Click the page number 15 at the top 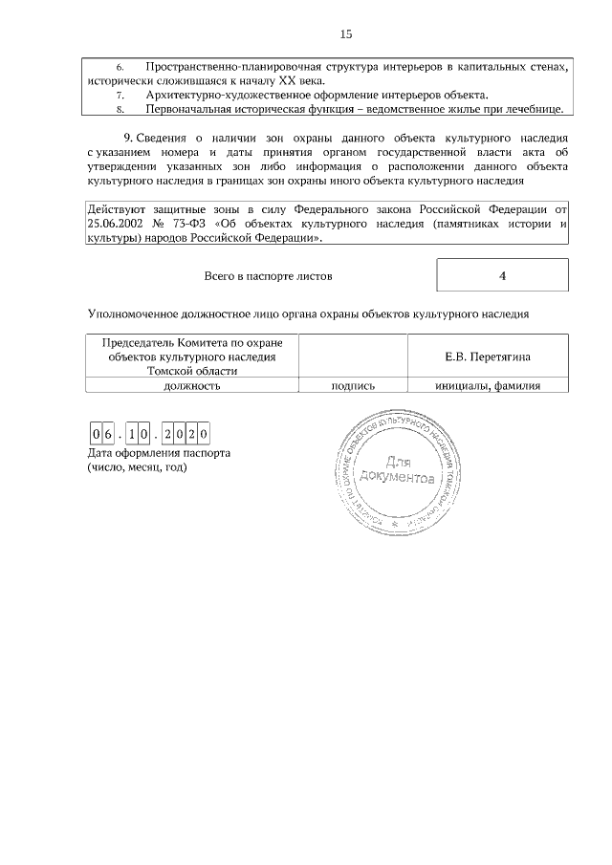[346, 34]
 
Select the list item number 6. [120, 67]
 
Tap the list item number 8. [120, 110]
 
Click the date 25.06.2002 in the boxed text [116, 225]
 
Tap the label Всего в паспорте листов [268, 276]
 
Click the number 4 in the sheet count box [502, 276]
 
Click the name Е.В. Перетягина [488, 357]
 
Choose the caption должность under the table [192, 386]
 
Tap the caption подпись [352, 386]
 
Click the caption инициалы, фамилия [488, 386]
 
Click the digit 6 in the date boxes [109, 434]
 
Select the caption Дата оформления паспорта [159, 453]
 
